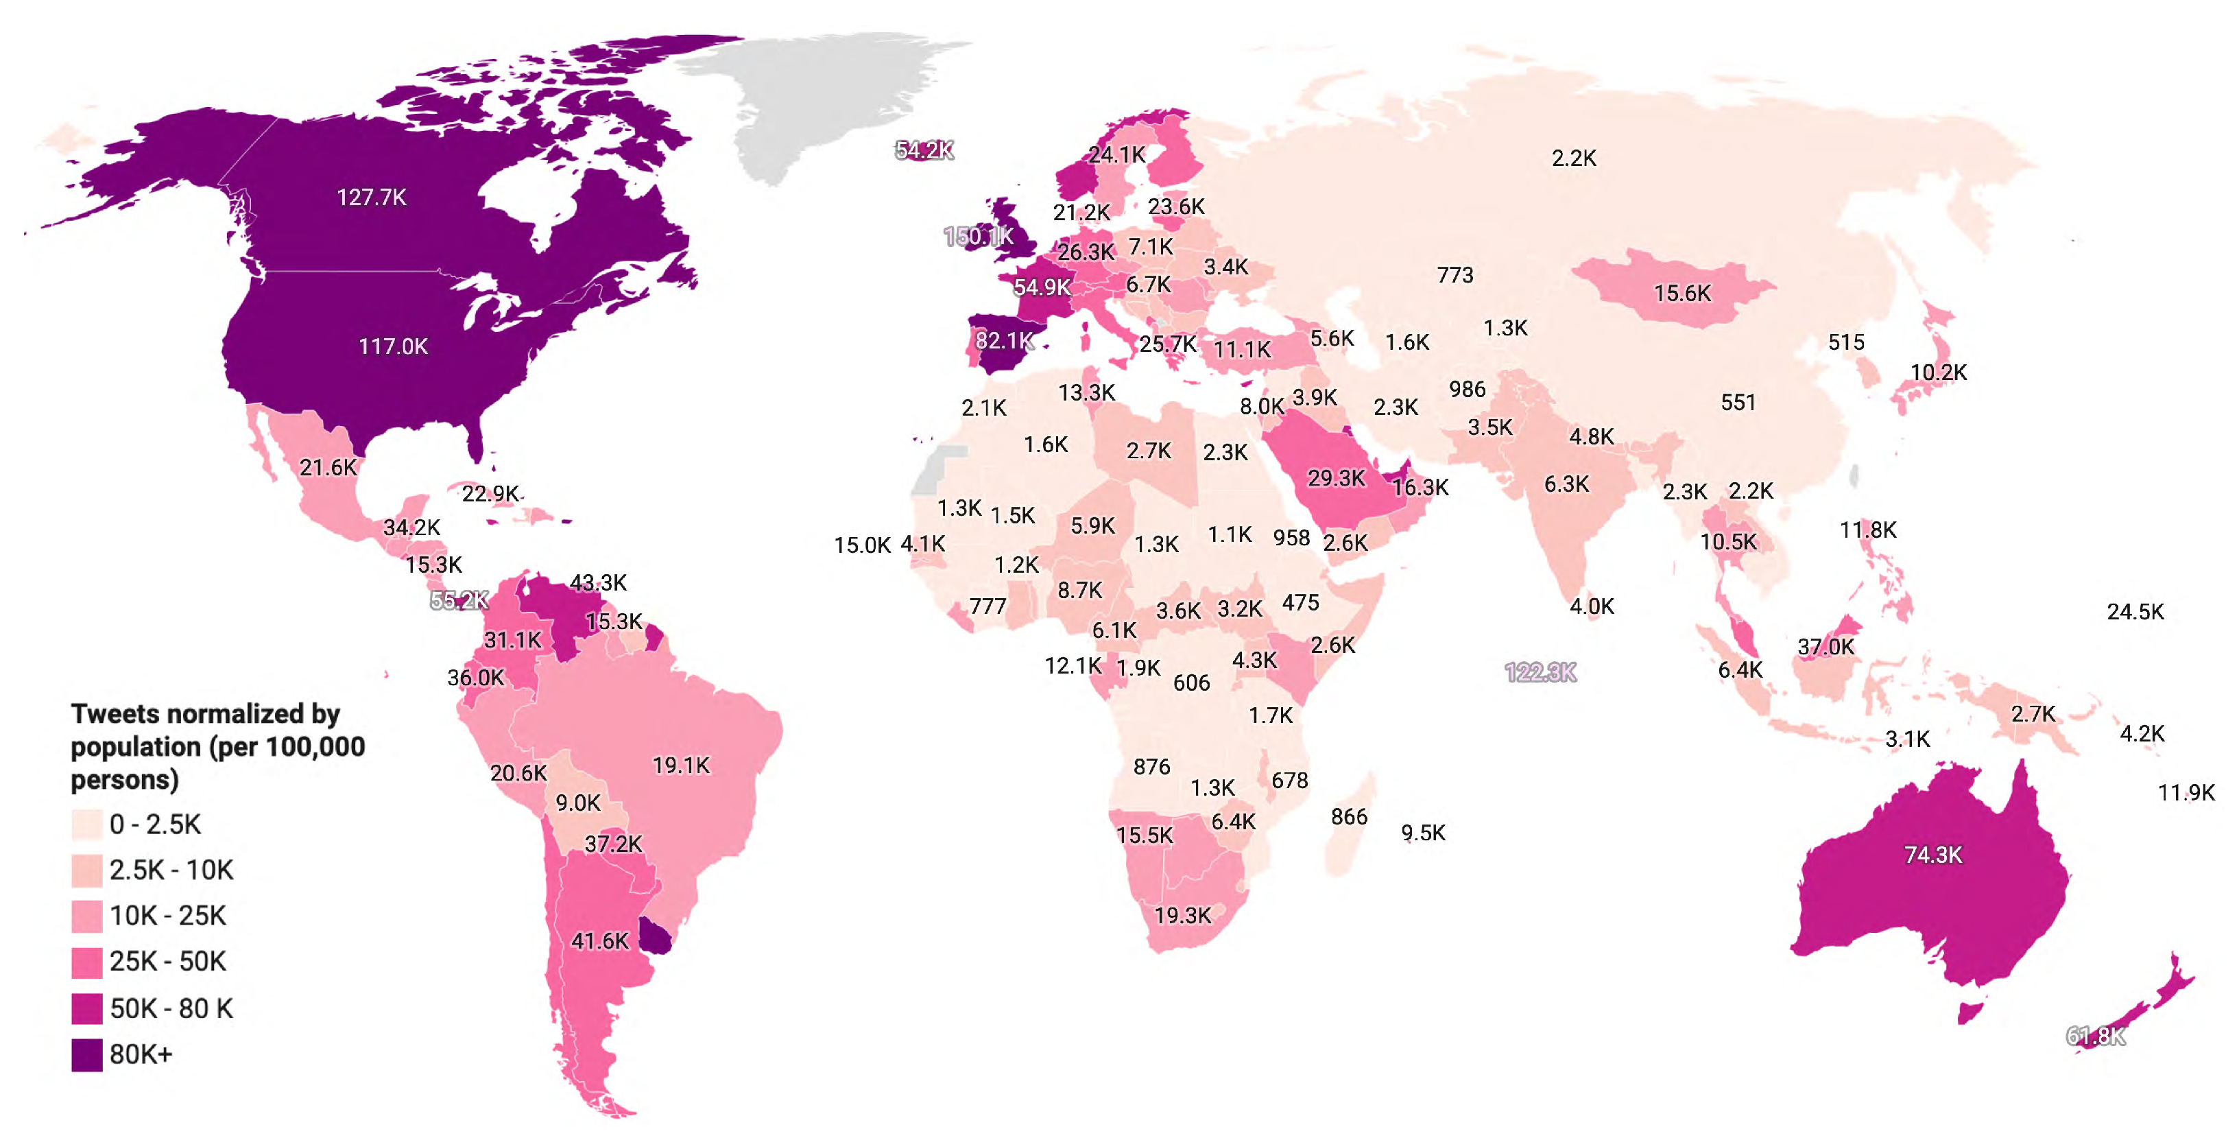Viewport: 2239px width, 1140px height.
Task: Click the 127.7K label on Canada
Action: (x=371, y=198)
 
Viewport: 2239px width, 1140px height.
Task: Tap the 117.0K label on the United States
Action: (x=393, y=346)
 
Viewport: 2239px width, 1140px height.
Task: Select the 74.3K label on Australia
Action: (x=1933, y=855)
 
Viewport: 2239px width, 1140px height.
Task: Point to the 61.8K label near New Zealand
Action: (x=2096, y=1036)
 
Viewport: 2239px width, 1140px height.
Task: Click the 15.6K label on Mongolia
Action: (x=1682, y=293)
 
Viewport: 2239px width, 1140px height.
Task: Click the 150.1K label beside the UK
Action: (x=978, y=236)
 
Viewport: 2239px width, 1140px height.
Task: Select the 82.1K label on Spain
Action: (x=1004, y=340)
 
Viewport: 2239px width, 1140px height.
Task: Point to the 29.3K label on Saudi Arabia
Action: (x=1336, y=477)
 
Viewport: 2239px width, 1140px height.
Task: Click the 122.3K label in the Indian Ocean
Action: (x=1540, y=672)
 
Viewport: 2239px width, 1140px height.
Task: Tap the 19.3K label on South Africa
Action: (x=1182, y=915)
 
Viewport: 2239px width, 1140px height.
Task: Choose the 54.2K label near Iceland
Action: (x=924, y=150)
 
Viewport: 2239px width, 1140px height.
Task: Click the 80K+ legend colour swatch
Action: (x=87, y=1055)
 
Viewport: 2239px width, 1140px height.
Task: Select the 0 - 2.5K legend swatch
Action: (x=87, y=824)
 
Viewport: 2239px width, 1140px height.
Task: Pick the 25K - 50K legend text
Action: (x=168, y=962)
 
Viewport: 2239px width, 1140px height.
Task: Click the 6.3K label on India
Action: (x=1566, y=484)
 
